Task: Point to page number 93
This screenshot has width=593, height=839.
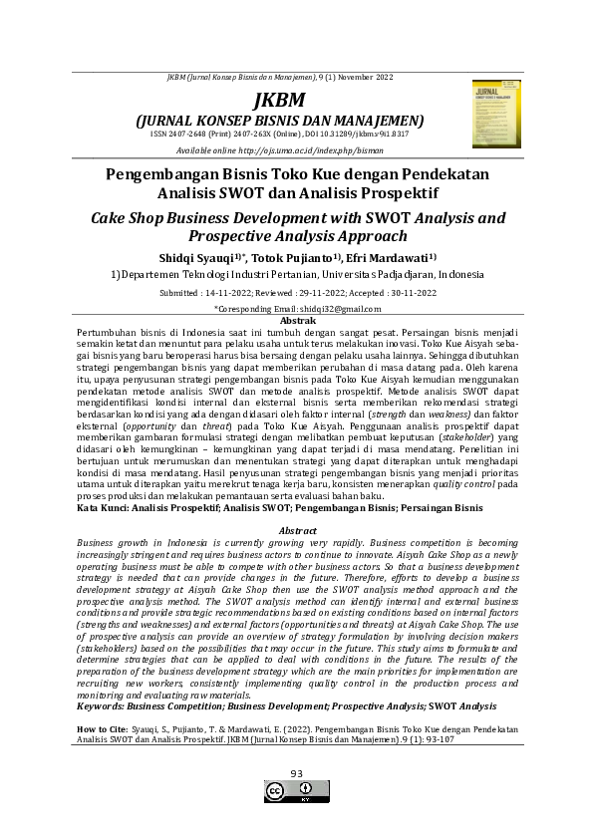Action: (x=296, y=774)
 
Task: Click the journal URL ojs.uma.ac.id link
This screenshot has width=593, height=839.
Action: (x=329, y=149)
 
